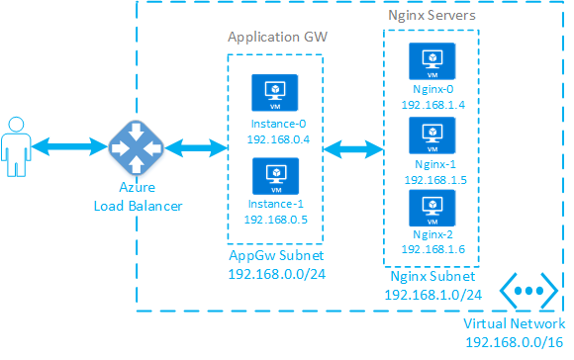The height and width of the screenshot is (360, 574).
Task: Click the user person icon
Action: pyautogui.click(x=16, y=147)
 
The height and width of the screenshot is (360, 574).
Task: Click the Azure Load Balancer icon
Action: pyautogui.click(x=130, y=147)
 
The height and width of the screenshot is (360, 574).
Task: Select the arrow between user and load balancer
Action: pyautogui.click(x=68, y=147)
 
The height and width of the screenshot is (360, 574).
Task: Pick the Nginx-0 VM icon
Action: pyautogui.click(x=431, y=61)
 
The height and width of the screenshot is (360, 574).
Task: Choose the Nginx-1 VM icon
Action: pyautogui.click(x=431, y=134)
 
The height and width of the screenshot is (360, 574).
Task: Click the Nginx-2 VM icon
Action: pyautogui.click(x=431, y=207)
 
